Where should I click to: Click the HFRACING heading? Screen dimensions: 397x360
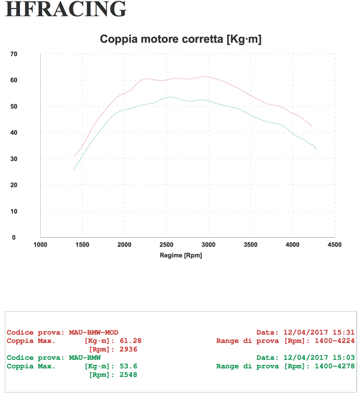(x=66, y=9)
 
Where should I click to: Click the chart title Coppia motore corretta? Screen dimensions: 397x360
(x=180, y=39)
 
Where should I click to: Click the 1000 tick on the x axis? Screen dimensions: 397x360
(x=40, y=245)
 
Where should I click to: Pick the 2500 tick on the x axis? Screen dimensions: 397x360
(x=167, y=245)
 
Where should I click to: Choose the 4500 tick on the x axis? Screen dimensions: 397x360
(x=335, y=245)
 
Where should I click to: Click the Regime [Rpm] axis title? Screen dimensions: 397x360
(x=181, y=256)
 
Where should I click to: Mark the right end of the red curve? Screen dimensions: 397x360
(x=311, y=126)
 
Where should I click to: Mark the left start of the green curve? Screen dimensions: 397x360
(x=74, y=170)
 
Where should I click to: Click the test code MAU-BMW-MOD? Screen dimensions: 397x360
(x=94, y=332)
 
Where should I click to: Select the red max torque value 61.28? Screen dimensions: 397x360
(x=131, y=341)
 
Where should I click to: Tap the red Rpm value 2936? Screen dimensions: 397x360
(x=128, y=349)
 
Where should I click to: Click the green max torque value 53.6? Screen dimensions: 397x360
(x=128, y=366)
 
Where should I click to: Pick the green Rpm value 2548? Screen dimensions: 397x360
(x=128, y=375)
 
